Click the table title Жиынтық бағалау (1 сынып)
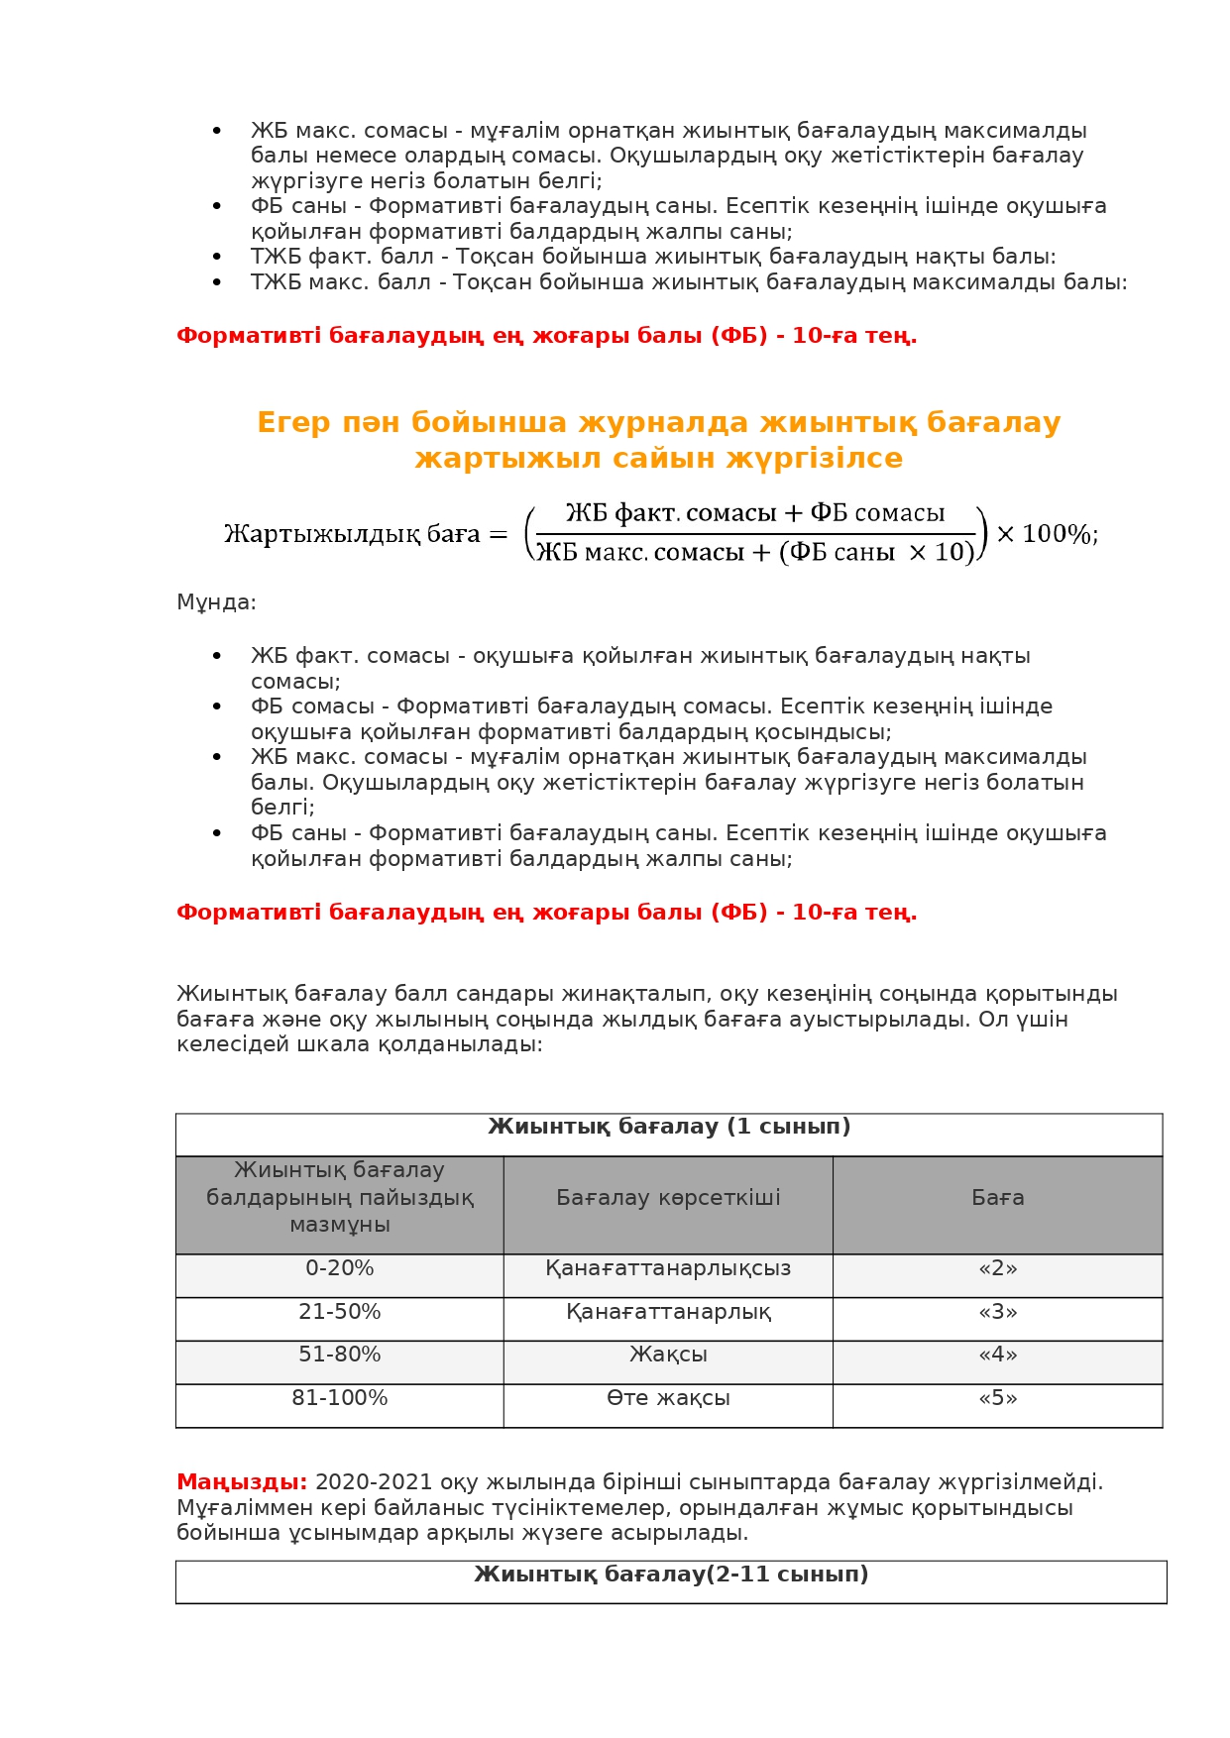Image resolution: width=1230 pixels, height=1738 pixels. coord(669,1127)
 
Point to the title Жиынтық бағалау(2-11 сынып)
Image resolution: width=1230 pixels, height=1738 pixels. coord(671,1575)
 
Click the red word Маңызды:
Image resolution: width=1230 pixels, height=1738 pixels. coord(242,1482)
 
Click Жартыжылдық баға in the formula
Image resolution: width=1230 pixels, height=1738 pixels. coord(352,534)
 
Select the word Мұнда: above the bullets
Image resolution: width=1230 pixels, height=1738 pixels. coord(216,602)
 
